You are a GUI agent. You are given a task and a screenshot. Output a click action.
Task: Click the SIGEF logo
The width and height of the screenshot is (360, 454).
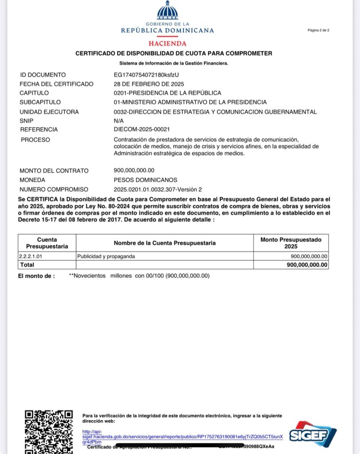pos(313,433)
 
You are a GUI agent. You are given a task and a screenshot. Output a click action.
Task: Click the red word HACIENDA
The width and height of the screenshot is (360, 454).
pos(167,43)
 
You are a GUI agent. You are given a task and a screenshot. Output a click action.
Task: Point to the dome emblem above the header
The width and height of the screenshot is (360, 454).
pos(167,11)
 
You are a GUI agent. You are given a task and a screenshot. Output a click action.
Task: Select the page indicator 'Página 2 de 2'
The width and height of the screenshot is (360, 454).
pos(318,30)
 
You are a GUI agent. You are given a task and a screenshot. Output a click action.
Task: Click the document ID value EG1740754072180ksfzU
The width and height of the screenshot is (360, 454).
pos(146,75)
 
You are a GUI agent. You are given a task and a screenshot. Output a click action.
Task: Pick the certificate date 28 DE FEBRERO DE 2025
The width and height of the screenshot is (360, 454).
pos(149,84)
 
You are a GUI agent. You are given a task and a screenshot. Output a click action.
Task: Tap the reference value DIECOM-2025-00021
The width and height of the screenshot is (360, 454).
pos(142,129)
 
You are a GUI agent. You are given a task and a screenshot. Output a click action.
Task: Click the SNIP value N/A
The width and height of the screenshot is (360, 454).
pos(119,121)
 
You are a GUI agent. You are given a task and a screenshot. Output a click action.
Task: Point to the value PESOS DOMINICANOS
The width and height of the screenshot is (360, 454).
pos(145,180)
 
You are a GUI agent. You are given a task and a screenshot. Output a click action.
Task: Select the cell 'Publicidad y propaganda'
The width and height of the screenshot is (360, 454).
pos(106,256)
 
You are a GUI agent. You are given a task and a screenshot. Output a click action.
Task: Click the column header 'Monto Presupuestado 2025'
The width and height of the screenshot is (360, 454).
pos(291,243)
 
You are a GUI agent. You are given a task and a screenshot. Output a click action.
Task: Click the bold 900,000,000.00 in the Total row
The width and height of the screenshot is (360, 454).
pos(307,265)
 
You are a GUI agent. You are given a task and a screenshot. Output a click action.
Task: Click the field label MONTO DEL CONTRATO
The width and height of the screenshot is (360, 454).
pos(54,171)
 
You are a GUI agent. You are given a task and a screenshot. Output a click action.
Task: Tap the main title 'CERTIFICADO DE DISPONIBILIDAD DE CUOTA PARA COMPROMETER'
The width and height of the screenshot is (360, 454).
pos(174,53)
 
